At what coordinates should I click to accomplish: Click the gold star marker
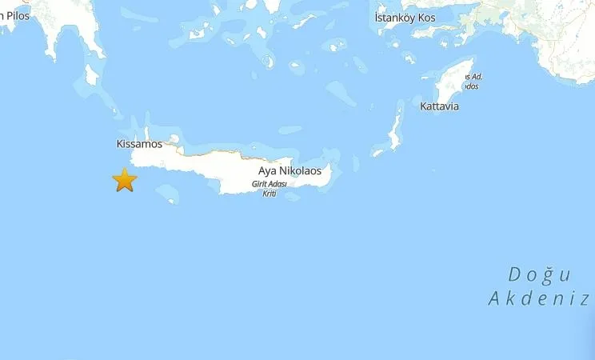(124, 180)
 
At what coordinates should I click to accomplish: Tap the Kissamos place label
(139, 144)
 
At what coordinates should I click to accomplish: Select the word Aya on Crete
(268, 170)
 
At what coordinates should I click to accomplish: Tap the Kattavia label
(439, 106)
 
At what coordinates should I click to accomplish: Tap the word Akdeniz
(539, 299)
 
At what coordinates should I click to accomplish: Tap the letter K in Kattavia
(423, 106)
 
